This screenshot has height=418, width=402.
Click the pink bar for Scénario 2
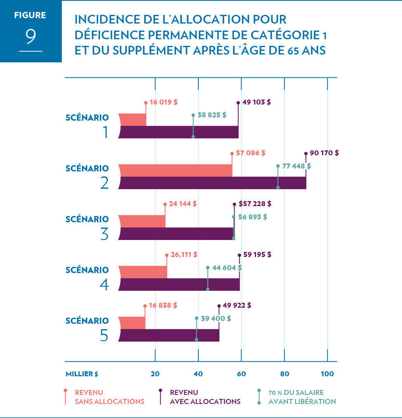coord(175,170)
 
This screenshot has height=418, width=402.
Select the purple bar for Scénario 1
coord(179,132)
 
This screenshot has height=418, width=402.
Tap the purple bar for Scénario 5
coord(169,335)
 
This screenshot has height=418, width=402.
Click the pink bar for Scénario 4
coord(143,272)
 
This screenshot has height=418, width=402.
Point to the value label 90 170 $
coord(324,153)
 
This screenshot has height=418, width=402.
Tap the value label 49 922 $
coord(237,306)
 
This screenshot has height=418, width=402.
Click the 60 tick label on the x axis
coord(241,374)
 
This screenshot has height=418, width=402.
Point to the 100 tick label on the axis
coord(327,374)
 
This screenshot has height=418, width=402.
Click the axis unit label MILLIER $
coord(82,374)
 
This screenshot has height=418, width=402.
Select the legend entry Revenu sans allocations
coord(109,397)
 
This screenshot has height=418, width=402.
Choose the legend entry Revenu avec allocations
coord(205,397)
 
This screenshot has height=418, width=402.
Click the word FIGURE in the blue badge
coord(30,16)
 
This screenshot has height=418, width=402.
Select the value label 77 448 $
coord(296,166)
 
